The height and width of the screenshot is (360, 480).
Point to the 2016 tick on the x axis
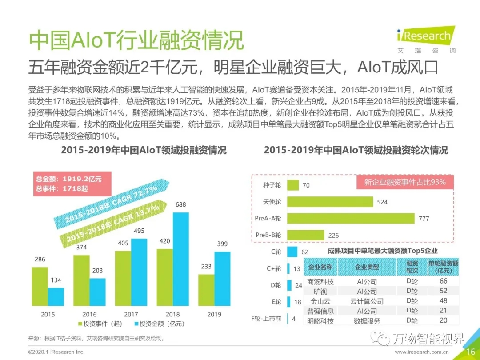(89, 314)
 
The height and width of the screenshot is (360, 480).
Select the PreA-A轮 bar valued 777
(351, 218)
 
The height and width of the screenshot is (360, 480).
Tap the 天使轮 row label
(272, 202)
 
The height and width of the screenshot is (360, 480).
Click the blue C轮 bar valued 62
(292, 252)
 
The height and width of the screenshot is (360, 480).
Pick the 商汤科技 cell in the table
(320, 282)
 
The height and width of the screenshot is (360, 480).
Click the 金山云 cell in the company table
(320, 301)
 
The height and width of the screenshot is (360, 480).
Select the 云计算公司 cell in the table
(367, 301)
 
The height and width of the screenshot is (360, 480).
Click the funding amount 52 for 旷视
(443, 291)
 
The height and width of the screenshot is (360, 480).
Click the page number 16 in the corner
(471, 352)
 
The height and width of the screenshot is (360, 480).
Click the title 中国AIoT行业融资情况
(136, 41)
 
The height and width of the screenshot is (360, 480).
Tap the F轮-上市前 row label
(266, 319)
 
